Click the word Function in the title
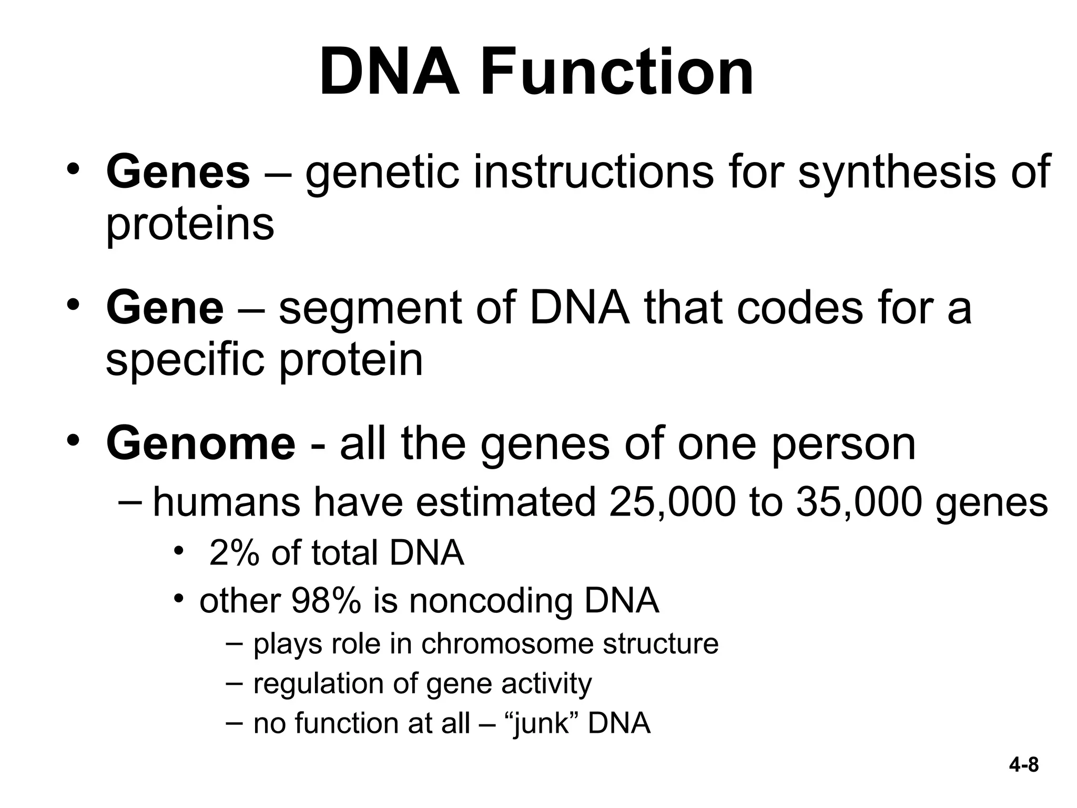(x=617, y=72)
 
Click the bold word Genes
(x=178, y=171)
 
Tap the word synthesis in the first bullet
(x=896, y=171)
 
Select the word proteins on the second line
(x=190, y=224)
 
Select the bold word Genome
(x=201, y=443)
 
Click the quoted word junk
(x=542, y=724)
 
